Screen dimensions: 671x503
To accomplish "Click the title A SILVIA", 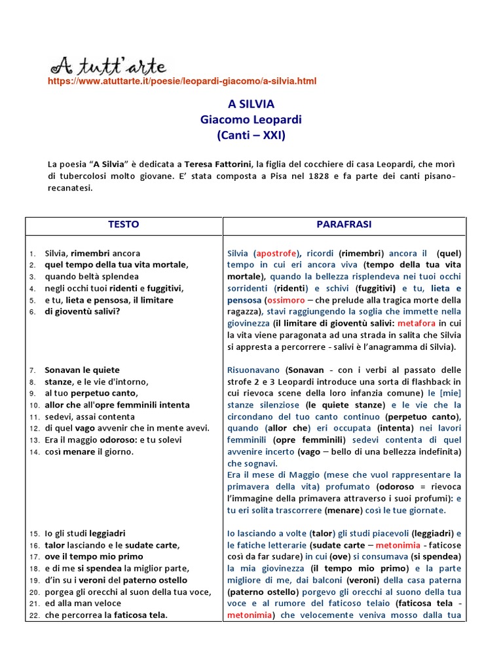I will click(x=251, y=105).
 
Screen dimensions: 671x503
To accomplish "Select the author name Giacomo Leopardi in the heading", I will click(x=251, y=121).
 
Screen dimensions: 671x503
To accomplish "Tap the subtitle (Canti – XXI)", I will click(x=251, y=136).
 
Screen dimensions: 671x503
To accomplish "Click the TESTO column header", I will click(x=123, y=225).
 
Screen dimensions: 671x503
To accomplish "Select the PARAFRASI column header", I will click(x=344, y=225).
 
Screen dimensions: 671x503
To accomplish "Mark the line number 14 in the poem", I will click(x=34, y=452).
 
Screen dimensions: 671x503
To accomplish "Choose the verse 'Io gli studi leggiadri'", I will click(x=84, y=533).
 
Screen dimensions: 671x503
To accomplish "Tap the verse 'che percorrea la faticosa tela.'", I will click(x=106, y=615).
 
